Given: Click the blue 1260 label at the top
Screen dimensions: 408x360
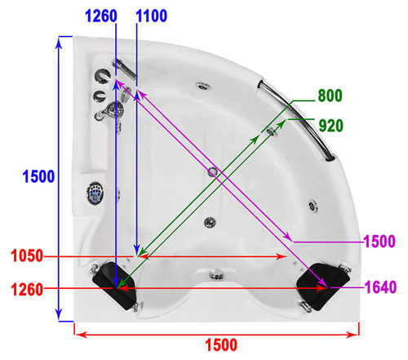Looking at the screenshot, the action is (x=101, y=16).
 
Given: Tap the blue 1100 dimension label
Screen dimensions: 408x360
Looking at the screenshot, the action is (x=151, y=16).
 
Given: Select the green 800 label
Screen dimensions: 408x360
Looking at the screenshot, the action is (x=330, y=96).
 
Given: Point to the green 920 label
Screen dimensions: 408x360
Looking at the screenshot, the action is (x=330, y=126).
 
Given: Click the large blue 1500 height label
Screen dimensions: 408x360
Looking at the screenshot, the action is (x=38, y=176).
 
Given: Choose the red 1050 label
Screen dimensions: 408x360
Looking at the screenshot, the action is (x=27, y=256).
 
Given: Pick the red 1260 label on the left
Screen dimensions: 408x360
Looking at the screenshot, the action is (x=27, y=290).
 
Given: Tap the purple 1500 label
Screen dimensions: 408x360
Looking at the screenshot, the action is (x=379, y=242).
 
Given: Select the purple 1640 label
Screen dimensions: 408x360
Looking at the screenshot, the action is (x=380, y=287).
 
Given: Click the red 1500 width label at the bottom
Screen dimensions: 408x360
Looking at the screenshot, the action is (x=221, y=345).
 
